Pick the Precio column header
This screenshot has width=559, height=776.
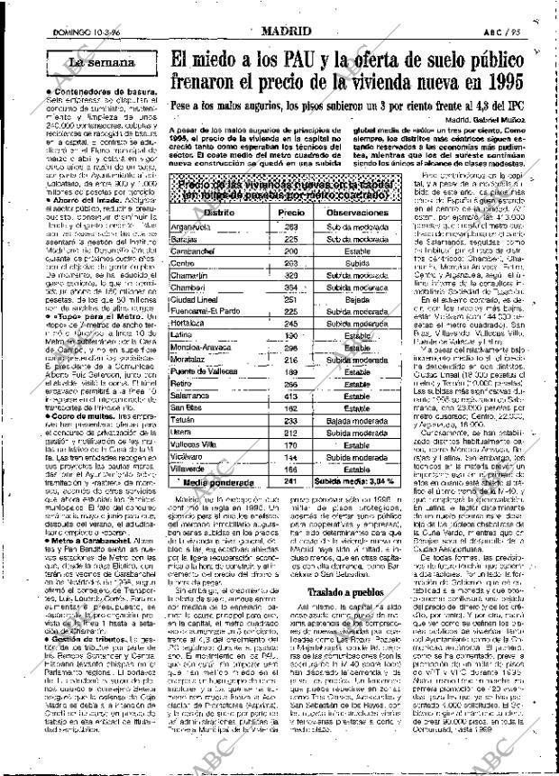[x=290, y=212]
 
